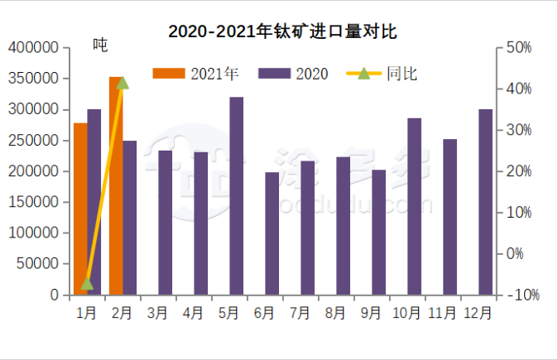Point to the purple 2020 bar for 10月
pos(414,206)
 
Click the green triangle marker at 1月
pos(87,284)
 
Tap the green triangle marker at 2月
pos(123,83)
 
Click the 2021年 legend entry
pos(195,74)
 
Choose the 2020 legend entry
pos(294,74)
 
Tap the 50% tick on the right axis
pos(518,48)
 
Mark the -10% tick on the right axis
pos(522,295)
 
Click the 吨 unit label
pos(100,45)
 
